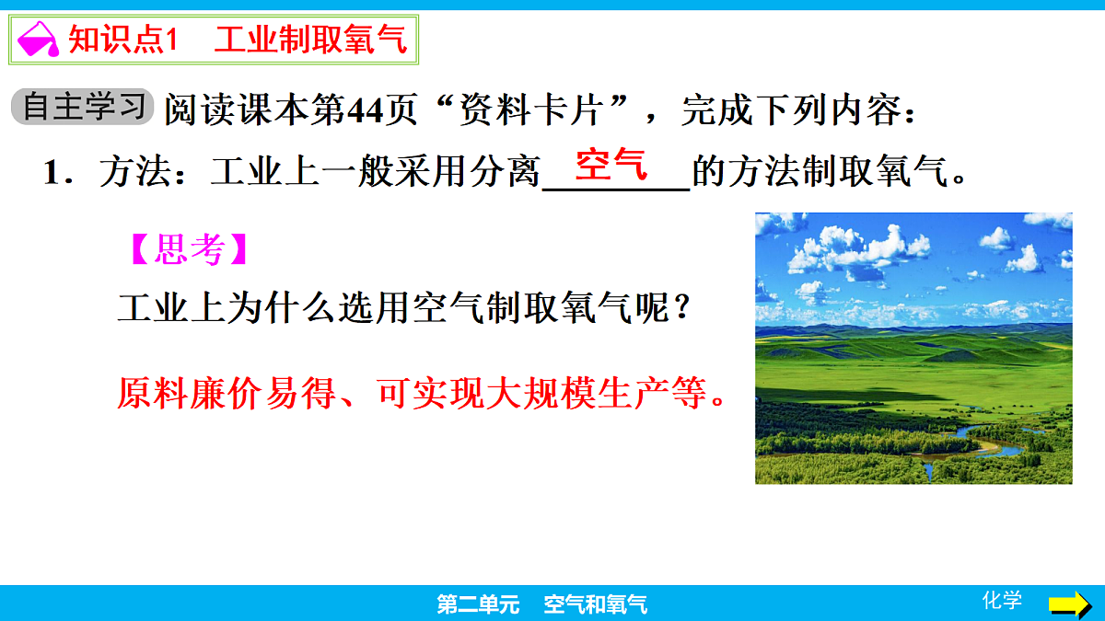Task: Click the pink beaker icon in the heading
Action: (x=38, y=40)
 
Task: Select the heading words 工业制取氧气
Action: (x=310, y=40)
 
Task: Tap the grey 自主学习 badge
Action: (x=83, y=108)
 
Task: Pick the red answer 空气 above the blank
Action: (x=611, y=166)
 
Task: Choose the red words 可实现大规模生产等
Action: (x=543, y=395)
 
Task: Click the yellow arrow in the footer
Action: (x=1069, y=604)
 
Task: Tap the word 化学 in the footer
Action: (x=1002, y=601)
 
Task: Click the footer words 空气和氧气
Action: (x=595, y=604)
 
